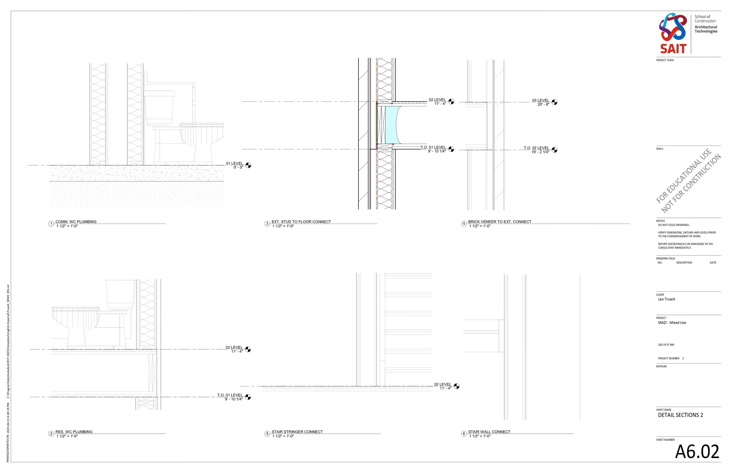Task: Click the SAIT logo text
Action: [673, 49]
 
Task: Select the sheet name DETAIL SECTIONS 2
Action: [680, 415]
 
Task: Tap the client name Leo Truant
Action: [666, 299]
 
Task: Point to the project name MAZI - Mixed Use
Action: [672, 322]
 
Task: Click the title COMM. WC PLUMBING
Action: [76, 222]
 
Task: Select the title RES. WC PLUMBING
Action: [74, 431]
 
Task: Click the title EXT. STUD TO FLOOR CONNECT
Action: [301, 222]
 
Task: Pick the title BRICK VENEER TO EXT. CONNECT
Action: [500, 222]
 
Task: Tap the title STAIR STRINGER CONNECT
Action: [297, 431]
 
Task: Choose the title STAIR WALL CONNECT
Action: [489, 431]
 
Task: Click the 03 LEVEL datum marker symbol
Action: [555, 102]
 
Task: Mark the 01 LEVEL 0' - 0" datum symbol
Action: [249, 165]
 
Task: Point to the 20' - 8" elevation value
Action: [543, 104]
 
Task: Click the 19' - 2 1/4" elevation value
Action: [540, 152]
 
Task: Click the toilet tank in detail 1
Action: [159, 108]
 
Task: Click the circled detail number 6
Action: [464, 434]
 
